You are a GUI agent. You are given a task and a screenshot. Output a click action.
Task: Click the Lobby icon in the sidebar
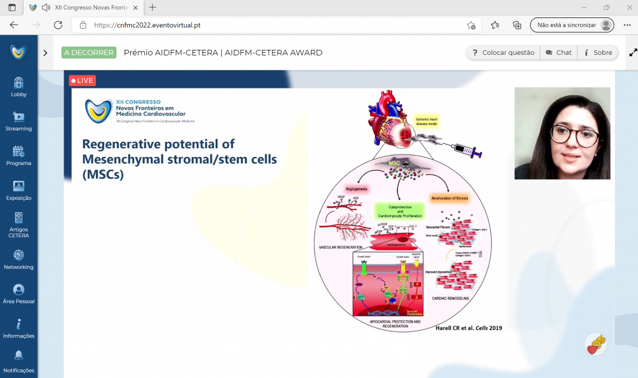19,83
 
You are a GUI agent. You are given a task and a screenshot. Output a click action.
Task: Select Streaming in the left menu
19,117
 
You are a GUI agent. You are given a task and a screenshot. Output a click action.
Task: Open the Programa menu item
19,151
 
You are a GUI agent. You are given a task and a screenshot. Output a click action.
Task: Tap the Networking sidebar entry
19,255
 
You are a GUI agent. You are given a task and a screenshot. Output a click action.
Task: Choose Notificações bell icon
19,356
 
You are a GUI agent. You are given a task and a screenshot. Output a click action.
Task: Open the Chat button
558,53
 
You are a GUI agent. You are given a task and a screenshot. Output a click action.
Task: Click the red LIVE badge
82,80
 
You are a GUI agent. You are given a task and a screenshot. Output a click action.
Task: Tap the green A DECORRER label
89,53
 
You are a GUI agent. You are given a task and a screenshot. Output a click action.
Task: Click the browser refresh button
58,26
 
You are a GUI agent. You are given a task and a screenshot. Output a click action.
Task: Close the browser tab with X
135,7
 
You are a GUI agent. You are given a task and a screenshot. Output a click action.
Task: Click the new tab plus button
153,7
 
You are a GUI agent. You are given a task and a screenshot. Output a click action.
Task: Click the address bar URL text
147,26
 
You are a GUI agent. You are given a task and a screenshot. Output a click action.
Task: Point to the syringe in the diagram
464,148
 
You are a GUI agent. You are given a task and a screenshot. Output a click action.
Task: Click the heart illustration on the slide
388,118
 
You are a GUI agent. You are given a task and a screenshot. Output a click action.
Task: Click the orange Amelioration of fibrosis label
449,198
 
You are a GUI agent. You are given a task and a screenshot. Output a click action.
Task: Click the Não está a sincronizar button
571,26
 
